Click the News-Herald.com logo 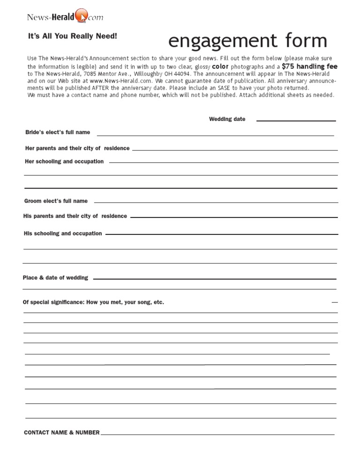pyautogui.click(x=65, y=17)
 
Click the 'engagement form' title pyautogui.click(x=247, y=41)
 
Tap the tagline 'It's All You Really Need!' pyautogui.click(x=73, y=36)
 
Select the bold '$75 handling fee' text pyautogui.click(x=309, y=67)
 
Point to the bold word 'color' pyautogui.click(x=220, y=67)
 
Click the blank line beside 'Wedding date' pyautogui.click(x=296, y=120)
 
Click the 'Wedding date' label pyautogui.click(x=227, y=119)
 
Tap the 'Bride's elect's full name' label pyautogui.click(x=58, y=132)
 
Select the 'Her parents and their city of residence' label pyautogui.click(x=77, y=148)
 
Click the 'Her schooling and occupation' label pyautogui.click(x=64, y=161)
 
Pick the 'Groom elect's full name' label pyautogui.click(x=56, y=201)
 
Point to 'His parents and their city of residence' pyautogui.click(x=75, y=216)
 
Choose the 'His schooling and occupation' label pyautogui.click(x=63, y=233)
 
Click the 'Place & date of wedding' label pyautogui.click(x=55, y=278)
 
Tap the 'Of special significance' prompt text pyautogui.click(x=93, y=302)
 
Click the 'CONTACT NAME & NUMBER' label pyautogui.click(x=61, y=433)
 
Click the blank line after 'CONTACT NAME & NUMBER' pyautogui.click(x=217, y=434)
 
